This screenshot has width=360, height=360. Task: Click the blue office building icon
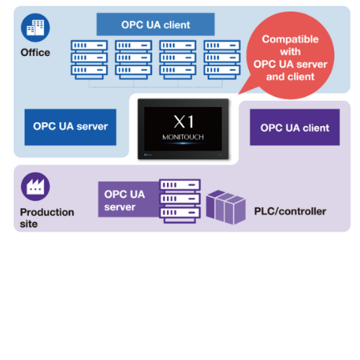(x=35, y=27)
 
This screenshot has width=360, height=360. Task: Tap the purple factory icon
(x=35, y=186)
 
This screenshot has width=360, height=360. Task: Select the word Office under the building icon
(x=35, y=53)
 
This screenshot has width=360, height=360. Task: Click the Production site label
(x=47, y=218)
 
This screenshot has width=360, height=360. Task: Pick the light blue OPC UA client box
(x=156, y=24)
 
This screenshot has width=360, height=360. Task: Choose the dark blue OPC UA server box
(x=71, y=127)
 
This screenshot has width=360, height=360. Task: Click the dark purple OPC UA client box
(x=294, y=127)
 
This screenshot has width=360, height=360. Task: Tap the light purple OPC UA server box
(x=129, y=199)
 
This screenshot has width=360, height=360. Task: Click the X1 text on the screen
(x=184, y=122)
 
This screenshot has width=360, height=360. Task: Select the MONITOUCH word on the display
(x=183, y=137)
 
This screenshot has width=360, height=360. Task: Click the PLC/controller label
(x=290, y=212)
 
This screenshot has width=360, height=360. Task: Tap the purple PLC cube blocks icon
(x=225, y=207)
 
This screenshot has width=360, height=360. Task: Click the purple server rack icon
(x=180, y=201)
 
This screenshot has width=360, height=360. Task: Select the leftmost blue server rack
(x=89, y=60)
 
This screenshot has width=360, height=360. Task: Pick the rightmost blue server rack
(x=222, y=60)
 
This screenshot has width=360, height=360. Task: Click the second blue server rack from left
(x=133, y=60)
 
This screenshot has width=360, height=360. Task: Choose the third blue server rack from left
(x=178, y=60)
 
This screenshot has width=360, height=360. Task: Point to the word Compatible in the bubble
(x=290, y=40)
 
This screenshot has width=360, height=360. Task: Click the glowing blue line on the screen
(x=183, y=143)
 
